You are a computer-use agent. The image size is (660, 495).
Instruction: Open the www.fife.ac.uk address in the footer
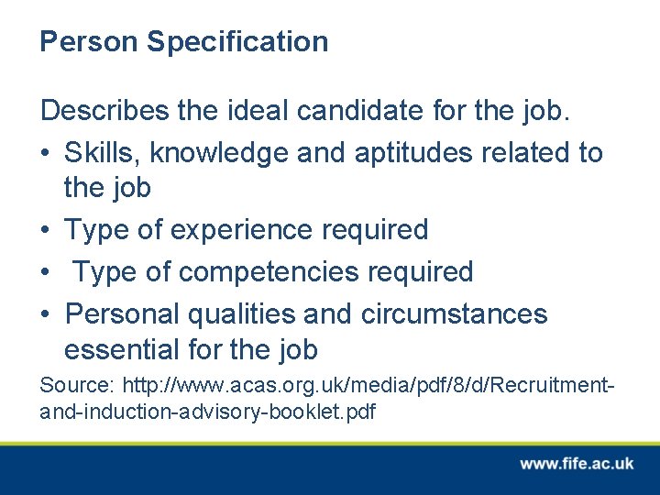577,464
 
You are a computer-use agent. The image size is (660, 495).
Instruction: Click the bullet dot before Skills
46,153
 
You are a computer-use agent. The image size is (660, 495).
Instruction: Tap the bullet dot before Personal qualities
46,314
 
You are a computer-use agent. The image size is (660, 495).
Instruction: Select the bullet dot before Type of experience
46,230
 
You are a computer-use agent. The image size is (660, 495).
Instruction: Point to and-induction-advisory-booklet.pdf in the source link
208,412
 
